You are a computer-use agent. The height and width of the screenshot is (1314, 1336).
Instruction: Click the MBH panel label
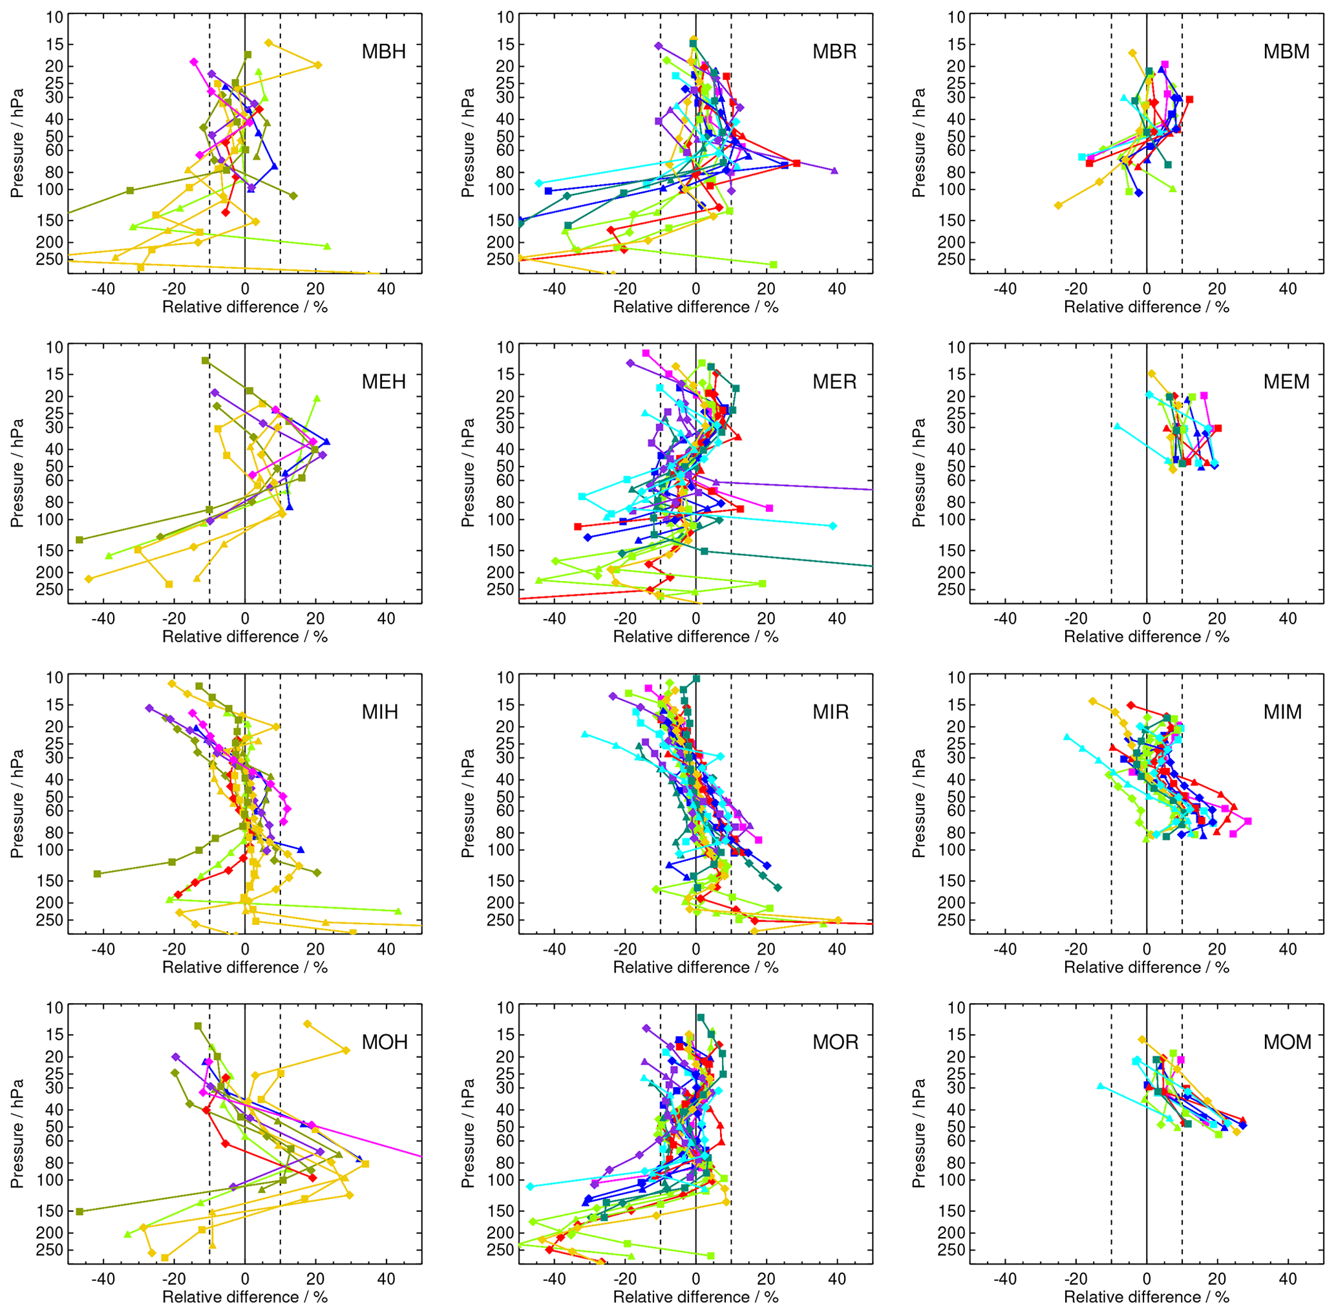384,52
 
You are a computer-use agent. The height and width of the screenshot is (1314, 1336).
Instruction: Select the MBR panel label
834,52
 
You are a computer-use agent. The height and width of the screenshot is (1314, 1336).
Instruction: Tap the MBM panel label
1286,52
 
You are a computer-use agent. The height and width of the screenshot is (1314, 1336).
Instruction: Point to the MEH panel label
384,381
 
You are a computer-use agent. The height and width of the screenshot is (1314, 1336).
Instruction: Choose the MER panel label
834,381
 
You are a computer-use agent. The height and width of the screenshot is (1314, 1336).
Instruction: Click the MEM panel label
1286,381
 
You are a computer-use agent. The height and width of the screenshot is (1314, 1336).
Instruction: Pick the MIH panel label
380,712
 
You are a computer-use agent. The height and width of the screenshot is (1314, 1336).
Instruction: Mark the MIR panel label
831,712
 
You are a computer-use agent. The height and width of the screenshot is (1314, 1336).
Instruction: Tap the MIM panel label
1283,712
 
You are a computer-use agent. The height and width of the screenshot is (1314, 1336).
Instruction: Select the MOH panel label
385,1042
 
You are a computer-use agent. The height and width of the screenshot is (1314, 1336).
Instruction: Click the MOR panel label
835,1042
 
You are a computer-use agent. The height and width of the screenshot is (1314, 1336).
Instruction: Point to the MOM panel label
1287,1042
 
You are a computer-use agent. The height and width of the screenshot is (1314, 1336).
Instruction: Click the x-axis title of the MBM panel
1146,307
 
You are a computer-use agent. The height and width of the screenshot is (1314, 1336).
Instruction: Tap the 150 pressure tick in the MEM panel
951,551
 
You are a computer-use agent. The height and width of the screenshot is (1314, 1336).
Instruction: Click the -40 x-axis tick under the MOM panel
1005,1279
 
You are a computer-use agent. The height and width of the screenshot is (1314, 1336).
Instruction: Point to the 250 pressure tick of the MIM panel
951,920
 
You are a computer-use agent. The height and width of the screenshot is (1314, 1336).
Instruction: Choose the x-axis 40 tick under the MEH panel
386,619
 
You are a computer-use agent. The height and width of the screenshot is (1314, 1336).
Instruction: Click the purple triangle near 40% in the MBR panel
835,171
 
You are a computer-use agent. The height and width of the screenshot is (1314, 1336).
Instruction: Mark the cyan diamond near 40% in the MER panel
833,526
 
